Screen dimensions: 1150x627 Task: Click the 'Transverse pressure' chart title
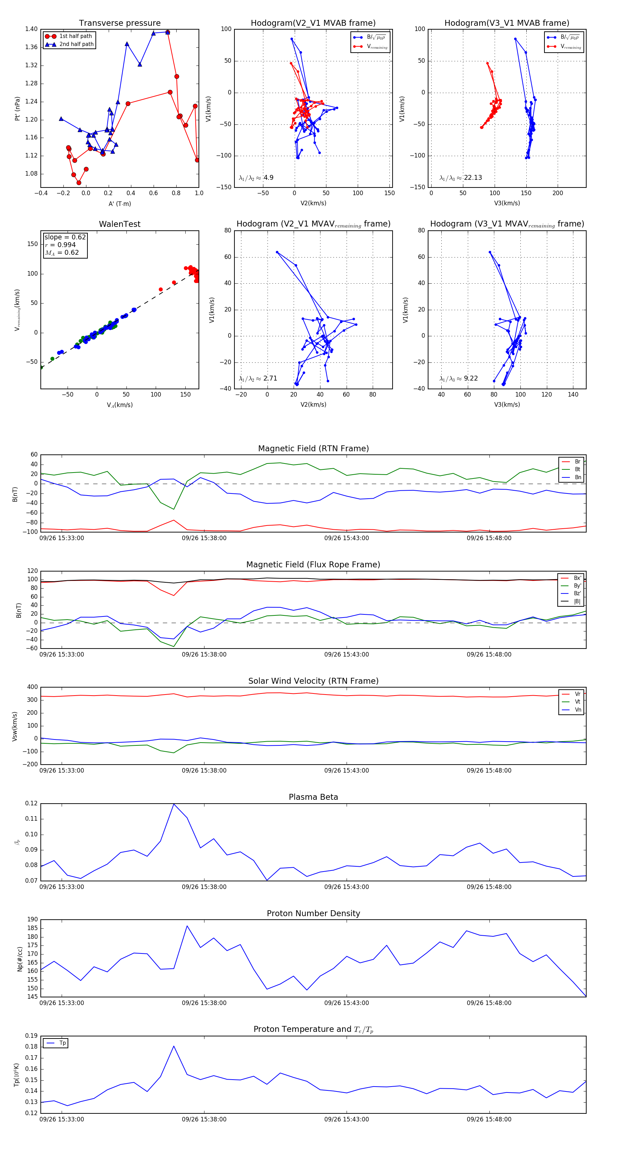[119, 23]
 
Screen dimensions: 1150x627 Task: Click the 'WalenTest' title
[119, 224]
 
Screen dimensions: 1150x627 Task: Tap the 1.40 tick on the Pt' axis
[31, 29]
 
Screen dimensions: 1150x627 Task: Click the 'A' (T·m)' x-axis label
[119, 204]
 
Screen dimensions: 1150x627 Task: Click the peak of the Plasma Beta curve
[173, 804]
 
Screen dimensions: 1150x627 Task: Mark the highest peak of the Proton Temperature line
[173, 1046]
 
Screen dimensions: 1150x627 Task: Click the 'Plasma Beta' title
[313, 797]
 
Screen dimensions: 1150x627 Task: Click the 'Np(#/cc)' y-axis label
[20, 959]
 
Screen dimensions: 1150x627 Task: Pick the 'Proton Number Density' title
[313, 913]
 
